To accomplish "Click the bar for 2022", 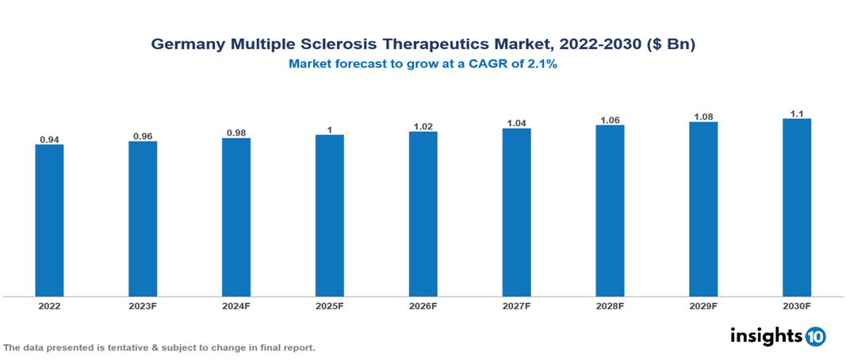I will (49, 220).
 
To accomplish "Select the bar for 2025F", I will (330, 216).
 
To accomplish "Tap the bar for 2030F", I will (797, 208).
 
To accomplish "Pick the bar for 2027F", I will (516, 213).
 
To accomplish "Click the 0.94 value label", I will (49, 140).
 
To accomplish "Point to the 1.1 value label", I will (797, 113).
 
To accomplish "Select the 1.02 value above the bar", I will (423, 126).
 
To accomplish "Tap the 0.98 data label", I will (236, 132).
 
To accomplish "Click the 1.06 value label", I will (610, 120).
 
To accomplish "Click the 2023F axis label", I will (143, 305).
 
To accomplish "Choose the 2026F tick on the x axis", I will (423, 305).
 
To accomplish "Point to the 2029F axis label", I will (703, 305).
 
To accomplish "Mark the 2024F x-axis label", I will (236, 305).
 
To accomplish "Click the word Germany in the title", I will (188, 45).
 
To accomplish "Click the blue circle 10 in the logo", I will (815, 336).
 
